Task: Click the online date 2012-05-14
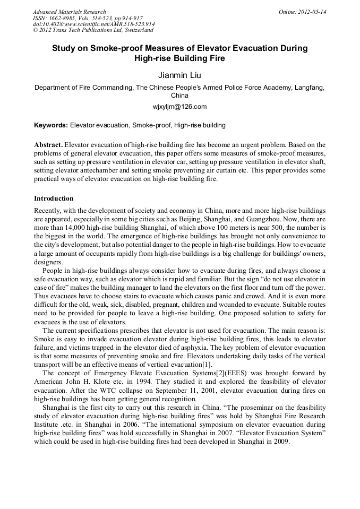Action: (x=311, y=12)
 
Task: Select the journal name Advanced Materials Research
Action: (x=69, y=12)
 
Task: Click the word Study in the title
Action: (x=65, y=48)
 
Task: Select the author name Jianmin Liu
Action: (x=179, y=75)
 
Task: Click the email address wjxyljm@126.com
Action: (x=179, y=107)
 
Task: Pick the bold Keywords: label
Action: (x=51, y=125)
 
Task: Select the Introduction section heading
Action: (x=54, y=199)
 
